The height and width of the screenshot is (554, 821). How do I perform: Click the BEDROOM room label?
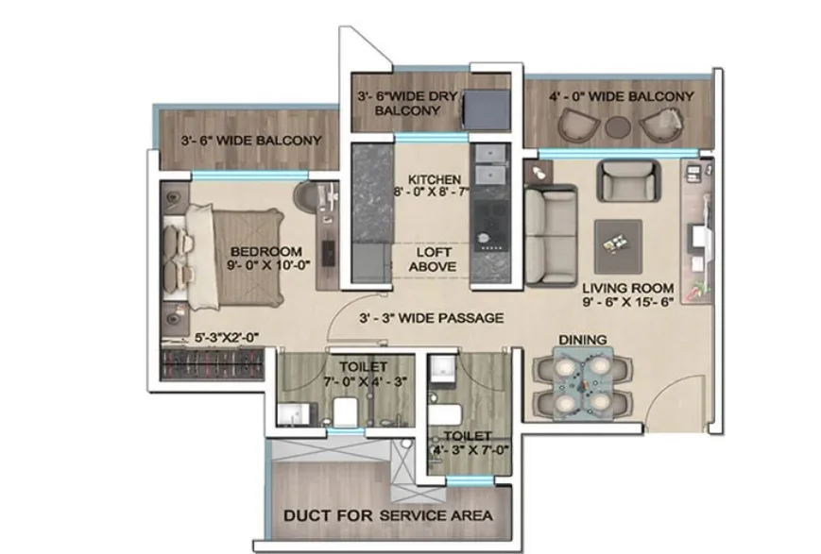tap(266, 252)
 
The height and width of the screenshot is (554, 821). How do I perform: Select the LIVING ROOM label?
tap(627, 288)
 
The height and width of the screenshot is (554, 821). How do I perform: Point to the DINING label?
tap(582, 340)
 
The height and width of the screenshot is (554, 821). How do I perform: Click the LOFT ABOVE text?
tap(433, 260)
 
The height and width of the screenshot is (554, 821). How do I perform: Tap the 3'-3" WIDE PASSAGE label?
tap(432, 317)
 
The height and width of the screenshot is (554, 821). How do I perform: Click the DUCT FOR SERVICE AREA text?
tap(388, 515)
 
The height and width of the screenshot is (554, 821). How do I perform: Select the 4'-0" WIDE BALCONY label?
tap(622, 96)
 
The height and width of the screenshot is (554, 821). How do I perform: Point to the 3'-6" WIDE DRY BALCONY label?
tap(407, 104)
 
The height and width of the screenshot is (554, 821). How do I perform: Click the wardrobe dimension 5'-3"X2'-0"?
tap(228, 338)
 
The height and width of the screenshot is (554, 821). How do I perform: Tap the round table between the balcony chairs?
tap(619, 126)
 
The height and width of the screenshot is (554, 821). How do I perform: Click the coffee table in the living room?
tap(619, 247)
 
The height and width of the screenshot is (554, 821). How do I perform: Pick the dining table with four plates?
tap(583, 385)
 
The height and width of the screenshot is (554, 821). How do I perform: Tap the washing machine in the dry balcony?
tap(487, 109)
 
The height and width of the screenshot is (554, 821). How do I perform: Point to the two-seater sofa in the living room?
tap(551, 235)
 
